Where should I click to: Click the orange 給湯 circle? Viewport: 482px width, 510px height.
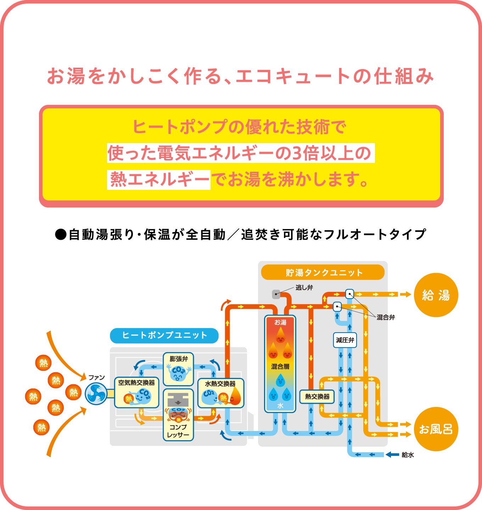click(436, 295)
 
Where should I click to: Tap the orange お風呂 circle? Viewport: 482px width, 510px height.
click(436, 429)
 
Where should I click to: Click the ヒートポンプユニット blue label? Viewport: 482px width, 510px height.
click(164, 335)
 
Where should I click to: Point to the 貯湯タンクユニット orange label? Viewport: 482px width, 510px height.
click(323, 272)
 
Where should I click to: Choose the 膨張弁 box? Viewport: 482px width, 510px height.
click(178, 369)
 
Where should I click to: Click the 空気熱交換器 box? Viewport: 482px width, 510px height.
click(136, 392)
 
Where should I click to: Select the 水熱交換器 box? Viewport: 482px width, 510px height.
click(220, 393)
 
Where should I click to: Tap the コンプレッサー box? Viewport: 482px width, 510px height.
click(178, 415)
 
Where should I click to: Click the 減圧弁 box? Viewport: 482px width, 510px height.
click(345, 340)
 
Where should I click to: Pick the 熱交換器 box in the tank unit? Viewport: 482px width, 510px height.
click(317, 397)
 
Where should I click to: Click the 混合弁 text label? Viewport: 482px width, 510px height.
click(386, 317)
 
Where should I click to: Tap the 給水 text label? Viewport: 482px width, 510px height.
click(408, 455)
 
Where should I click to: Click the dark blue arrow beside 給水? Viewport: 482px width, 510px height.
click(392, 455)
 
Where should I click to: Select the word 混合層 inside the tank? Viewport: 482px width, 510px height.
click(280, 367)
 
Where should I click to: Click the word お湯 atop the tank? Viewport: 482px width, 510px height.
click(280, 322)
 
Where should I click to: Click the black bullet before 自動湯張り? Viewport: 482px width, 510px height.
click(61, 234)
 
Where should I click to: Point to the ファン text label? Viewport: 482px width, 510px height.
click(96, 378)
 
